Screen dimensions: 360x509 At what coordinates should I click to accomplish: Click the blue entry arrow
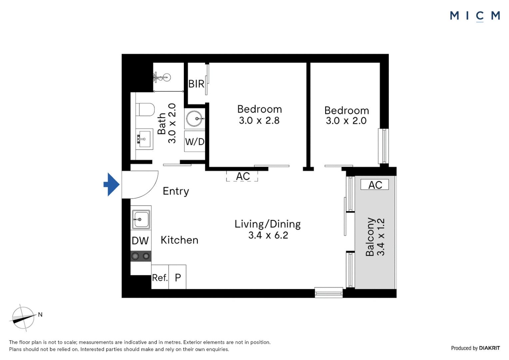[x=112, y=184]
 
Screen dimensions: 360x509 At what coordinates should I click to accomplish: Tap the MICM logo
[x=475, y=16]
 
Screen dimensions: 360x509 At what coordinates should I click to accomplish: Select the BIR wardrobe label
[x=196, y=84]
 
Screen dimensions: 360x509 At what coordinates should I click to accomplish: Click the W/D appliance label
[x=195, y=142]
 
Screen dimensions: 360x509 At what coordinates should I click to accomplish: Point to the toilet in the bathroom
[x=145, y=109]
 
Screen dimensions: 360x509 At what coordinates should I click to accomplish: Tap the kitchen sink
[x=141, y=219]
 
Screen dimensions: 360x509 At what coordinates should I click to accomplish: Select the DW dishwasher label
[x=140, y=241]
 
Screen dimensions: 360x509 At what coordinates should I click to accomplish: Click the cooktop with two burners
[x=141, y=256]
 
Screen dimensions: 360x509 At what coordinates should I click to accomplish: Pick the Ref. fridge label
[x=160, y=278]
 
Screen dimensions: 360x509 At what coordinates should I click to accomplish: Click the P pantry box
[x=178, y=277]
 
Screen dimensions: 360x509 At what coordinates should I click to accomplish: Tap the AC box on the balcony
[x=375, y=185]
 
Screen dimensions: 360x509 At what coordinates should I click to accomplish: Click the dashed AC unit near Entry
[x=243, y=176]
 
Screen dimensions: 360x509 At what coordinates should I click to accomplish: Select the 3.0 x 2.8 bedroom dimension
[x=259, y=121]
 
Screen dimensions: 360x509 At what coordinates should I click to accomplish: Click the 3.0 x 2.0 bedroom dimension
[x=346, y=121]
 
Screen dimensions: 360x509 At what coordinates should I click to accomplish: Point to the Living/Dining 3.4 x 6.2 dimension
[x=268, y=235]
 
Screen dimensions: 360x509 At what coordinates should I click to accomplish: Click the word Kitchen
[x=179, y=240]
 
